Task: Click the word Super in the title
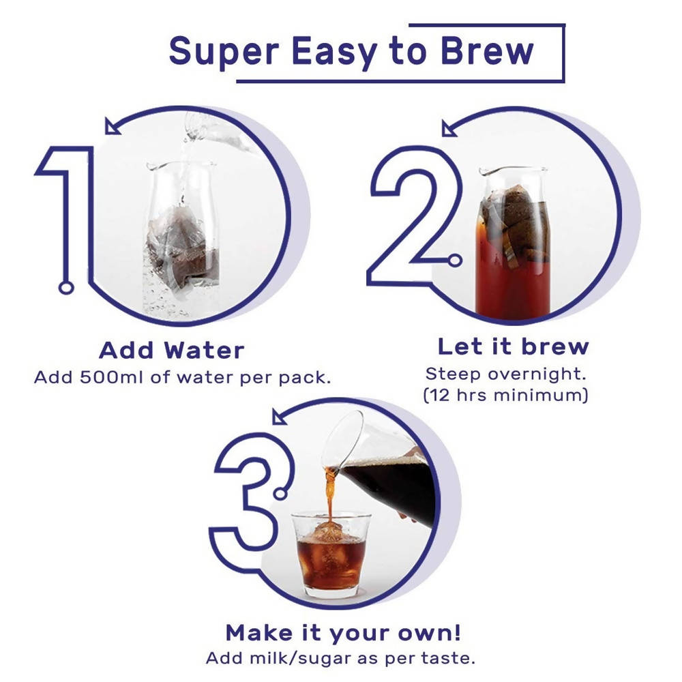(x=224, y=51)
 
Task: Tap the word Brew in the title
(x=487, y=50)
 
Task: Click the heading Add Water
(x=172, y=350)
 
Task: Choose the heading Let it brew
(x=514, y=346)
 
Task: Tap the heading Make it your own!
(x=343, y=632)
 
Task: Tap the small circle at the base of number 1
(x=66, y=288)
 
